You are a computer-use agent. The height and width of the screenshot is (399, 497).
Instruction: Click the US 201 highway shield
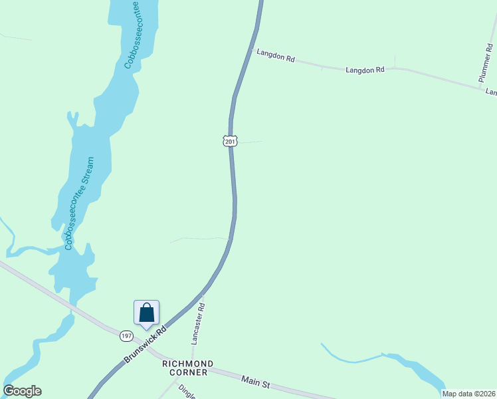tap(229, 141)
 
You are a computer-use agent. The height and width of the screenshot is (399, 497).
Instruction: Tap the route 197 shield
tap(126, 336)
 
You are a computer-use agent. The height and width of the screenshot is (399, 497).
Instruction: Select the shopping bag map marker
tap(146, 313)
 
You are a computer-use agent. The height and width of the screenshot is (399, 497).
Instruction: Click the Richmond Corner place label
tap(188, 368)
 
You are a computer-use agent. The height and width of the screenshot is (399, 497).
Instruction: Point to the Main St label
tap(256, 382)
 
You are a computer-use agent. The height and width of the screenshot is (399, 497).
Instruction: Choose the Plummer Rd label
tap(486, 59)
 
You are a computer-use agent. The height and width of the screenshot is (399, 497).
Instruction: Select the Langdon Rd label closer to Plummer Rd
tap(365, 69)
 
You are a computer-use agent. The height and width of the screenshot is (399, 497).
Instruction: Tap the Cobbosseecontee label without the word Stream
tap(131, 35)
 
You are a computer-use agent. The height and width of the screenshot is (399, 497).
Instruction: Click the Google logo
tap(22, 391)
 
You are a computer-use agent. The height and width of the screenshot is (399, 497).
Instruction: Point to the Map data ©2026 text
tap(469, 394)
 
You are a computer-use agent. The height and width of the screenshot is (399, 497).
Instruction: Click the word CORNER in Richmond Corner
tap(188, 372)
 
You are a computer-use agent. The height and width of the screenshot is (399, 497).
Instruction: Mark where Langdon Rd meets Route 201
tap(251, 49)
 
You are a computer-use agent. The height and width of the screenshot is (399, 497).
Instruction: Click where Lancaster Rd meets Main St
tap(193, 363)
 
